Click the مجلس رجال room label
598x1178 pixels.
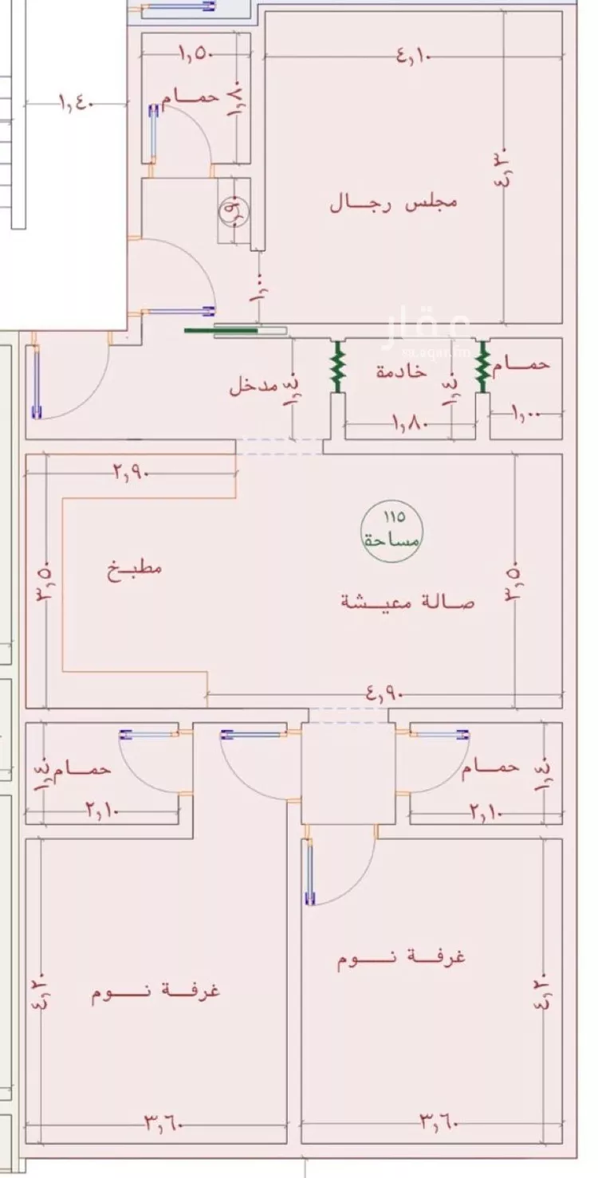pyautogui.click(x=393, y=202)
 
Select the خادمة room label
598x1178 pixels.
pyautogui.click(x=401, y=371)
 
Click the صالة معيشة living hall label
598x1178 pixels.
pyautogui.click(x=407, y=602)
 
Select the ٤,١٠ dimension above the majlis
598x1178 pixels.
pyautogui.click(x=412, y=56)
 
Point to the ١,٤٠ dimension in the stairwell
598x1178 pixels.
pyautogui.click(x=77, y=103)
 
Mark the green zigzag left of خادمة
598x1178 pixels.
pyautogui.click(x=337, y=367)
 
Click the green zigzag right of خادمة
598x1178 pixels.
pyautogui.click(x=482, y=367)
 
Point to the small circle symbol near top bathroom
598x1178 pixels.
pyautogui.click(x=234, y=210)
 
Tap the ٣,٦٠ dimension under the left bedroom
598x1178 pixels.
pyautogui.click(x=164, y=1124)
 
